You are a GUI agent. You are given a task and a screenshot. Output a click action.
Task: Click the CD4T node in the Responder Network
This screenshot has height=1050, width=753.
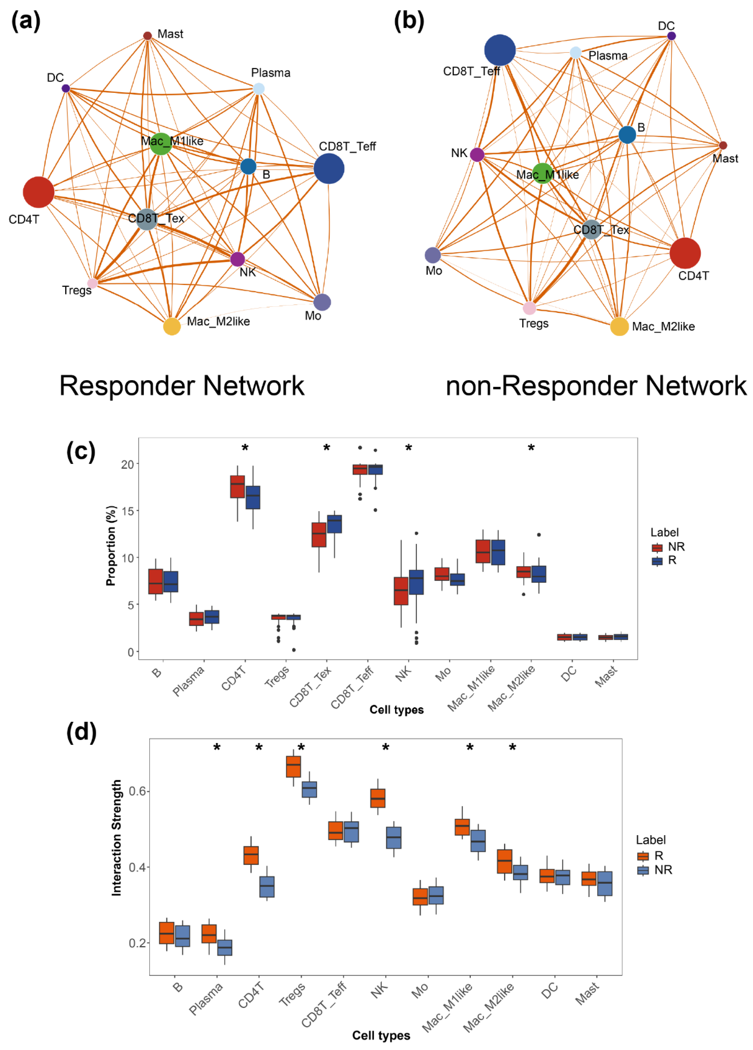point(38,192)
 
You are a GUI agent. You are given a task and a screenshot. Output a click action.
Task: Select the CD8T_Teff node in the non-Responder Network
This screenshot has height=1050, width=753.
point(500,50)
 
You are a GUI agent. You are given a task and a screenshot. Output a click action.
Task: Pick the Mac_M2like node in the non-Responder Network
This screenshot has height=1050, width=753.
point(619,326)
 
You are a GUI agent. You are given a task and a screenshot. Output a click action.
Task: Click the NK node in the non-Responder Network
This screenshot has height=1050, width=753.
point(477,155)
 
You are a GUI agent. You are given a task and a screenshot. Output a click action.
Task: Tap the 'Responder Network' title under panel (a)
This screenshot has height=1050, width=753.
point(182,386)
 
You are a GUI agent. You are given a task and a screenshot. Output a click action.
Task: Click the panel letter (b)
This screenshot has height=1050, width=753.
point(409,21)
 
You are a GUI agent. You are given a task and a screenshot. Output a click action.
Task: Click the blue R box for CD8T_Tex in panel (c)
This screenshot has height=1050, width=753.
point(334,524)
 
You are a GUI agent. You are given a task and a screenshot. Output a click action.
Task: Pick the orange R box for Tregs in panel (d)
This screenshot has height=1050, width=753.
point(293,767)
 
